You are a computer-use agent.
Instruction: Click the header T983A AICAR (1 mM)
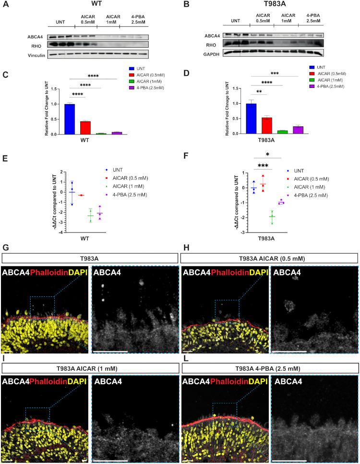pos(89,367)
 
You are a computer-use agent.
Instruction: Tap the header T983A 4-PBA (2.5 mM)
pos(269,367)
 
